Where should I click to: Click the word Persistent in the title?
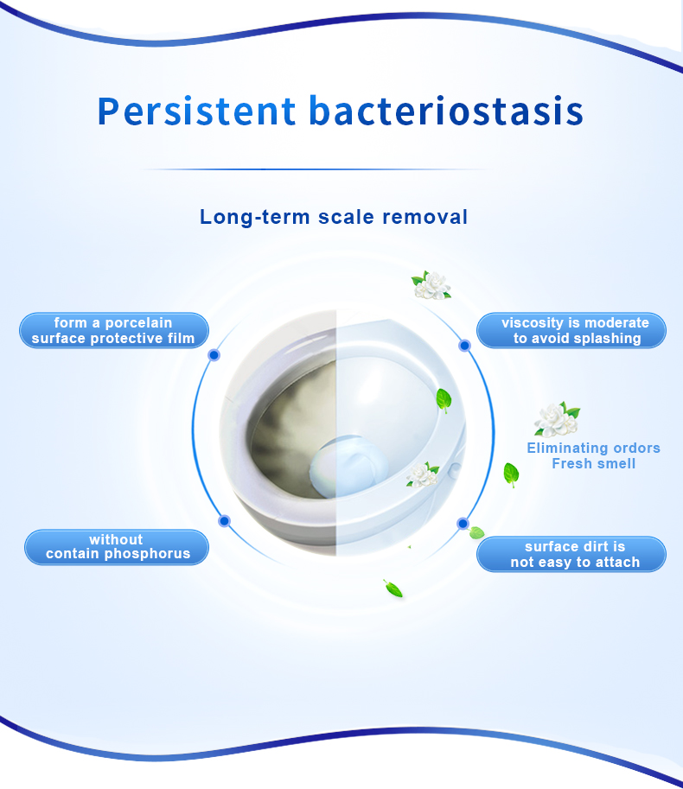197,111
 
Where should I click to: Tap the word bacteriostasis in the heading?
446,111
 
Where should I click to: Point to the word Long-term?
255,218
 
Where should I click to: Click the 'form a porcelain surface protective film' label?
114,331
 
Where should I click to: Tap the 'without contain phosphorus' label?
117,547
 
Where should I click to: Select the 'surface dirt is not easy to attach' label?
571,554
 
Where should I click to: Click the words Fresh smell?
593,463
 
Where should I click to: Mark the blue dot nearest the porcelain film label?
214,355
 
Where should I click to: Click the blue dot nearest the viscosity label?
464,346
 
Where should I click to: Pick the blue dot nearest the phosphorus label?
225,521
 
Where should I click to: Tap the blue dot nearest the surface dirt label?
463,524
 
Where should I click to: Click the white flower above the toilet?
431,285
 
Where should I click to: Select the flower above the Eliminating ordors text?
557,420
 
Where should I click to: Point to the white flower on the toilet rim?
422,475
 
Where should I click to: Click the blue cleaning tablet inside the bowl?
348,467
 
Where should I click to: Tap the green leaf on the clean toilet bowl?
444,400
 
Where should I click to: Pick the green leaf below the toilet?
393,589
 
